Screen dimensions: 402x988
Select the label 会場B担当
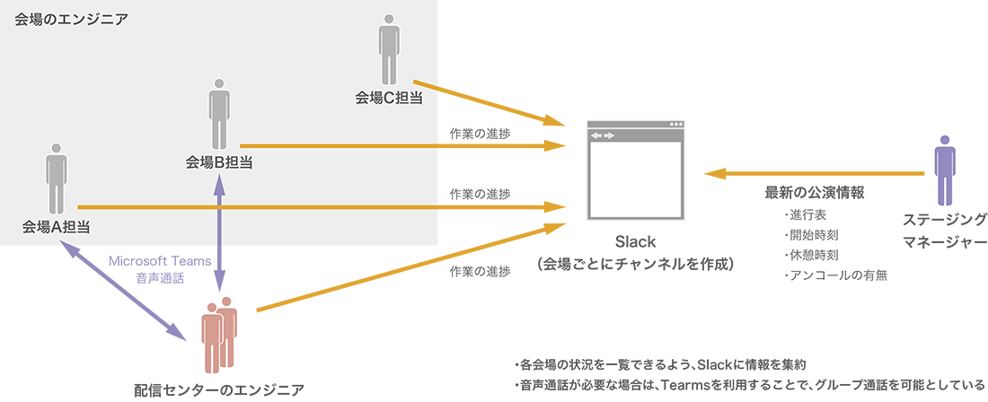(x=218, y=162)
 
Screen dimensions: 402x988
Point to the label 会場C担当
(x=389, y=99)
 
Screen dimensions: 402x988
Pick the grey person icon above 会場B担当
(x=219, y=113)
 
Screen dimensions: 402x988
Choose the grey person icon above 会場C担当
(x=388, y=48)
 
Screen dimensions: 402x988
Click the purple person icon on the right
(x=944, y=170)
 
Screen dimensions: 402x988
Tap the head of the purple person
(x=944, y=141)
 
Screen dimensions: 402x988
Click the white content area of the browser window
(x=636, y=179)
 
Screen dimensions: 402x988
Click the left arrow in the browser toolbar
(x=595, y=135)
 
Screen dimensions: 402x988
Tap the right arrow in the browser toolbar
(x=609, y=135)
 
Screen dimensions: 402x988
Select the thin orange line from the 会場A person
(x=260, y=207)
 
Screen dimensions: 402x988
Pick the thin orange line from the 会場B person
(x=341, y=145)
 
